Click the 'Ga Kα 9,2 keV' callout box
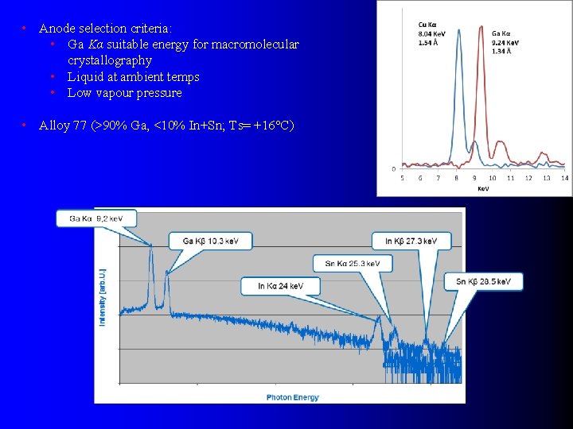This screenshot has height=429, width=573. point(95,218)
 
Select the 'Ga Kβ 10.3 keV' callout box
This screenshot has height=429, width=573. point(211,241)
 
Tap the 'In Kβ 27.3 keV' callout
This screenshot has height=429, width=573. point(411,241)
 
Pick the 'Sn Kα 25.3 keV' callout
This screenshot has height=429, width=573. point(358,263)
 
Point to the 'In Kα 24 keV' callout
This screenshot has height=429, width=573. point(280,285)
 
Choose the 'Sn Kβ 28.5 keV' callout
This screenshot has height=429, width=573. point(484,281)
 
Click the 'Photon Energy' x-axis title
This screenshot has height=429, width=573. point(292,397)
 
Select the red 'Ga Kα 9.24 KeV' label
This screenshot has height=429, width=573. point(506,42)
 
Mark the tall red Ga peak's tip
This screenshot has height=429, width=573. point(480,26)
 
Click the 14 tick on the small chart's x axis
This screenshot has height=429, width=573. point(564,178)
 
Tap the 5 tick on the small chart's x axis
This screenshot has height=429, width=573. point(402,178)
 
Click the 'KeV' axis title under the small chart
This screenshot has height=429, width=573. point(483,188)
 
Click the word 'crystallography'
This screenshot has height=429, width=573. point(110,60)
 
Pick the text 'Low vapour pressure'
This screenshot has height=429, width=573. point(124,93)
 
